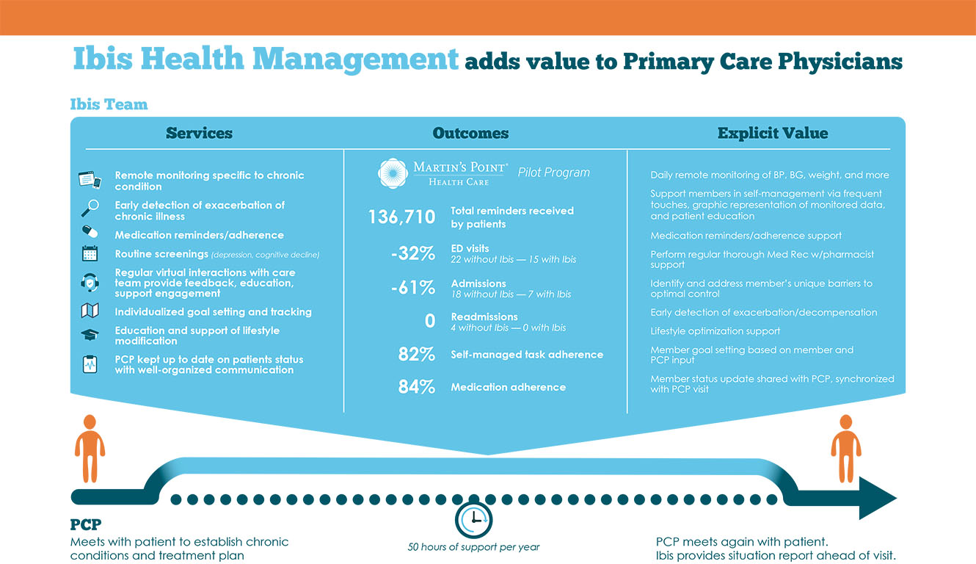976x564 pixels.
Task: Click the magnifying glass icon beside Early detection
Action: click(89, 209)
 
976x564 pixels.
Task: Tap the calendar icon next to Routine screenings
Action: click(90, 254)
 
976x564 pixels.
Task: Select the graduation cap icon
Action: click(90, 334)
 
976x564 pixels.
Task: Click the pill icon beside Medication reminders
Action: click(90, 232)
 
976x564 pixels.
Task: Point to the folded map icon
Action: click(90, 311)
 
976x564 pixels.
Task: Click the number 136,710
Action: click(401, 217)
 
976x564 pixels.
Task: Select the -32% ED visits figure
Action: click(413, 254)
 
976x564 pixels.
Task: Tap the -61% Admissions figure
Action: click(413, 288)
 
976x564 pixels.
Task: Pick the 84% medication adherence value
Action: click(417, 387)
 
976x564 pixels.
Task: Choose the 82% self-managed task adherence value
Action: click(417, 355)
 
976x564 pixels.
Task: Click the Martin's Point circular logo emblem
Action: click(393, 173)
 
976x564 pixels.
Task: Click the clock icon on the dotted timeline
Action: click(473, 519)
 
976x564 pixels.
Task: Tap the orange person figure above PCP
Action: click(90, 448)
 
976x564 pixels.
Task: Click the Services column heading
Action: click(199, 133)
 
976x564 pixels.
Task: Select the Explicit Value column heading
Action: click(772, 133)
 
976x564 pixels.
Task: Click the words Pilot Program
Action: click(553, 173)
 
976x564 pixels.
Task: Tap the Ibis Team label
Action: click(109, 104)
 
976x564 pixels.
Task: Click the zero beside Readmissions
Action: click(430, 321)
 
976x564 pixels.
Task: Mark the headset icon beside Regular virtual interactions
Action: click(90, 283)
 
